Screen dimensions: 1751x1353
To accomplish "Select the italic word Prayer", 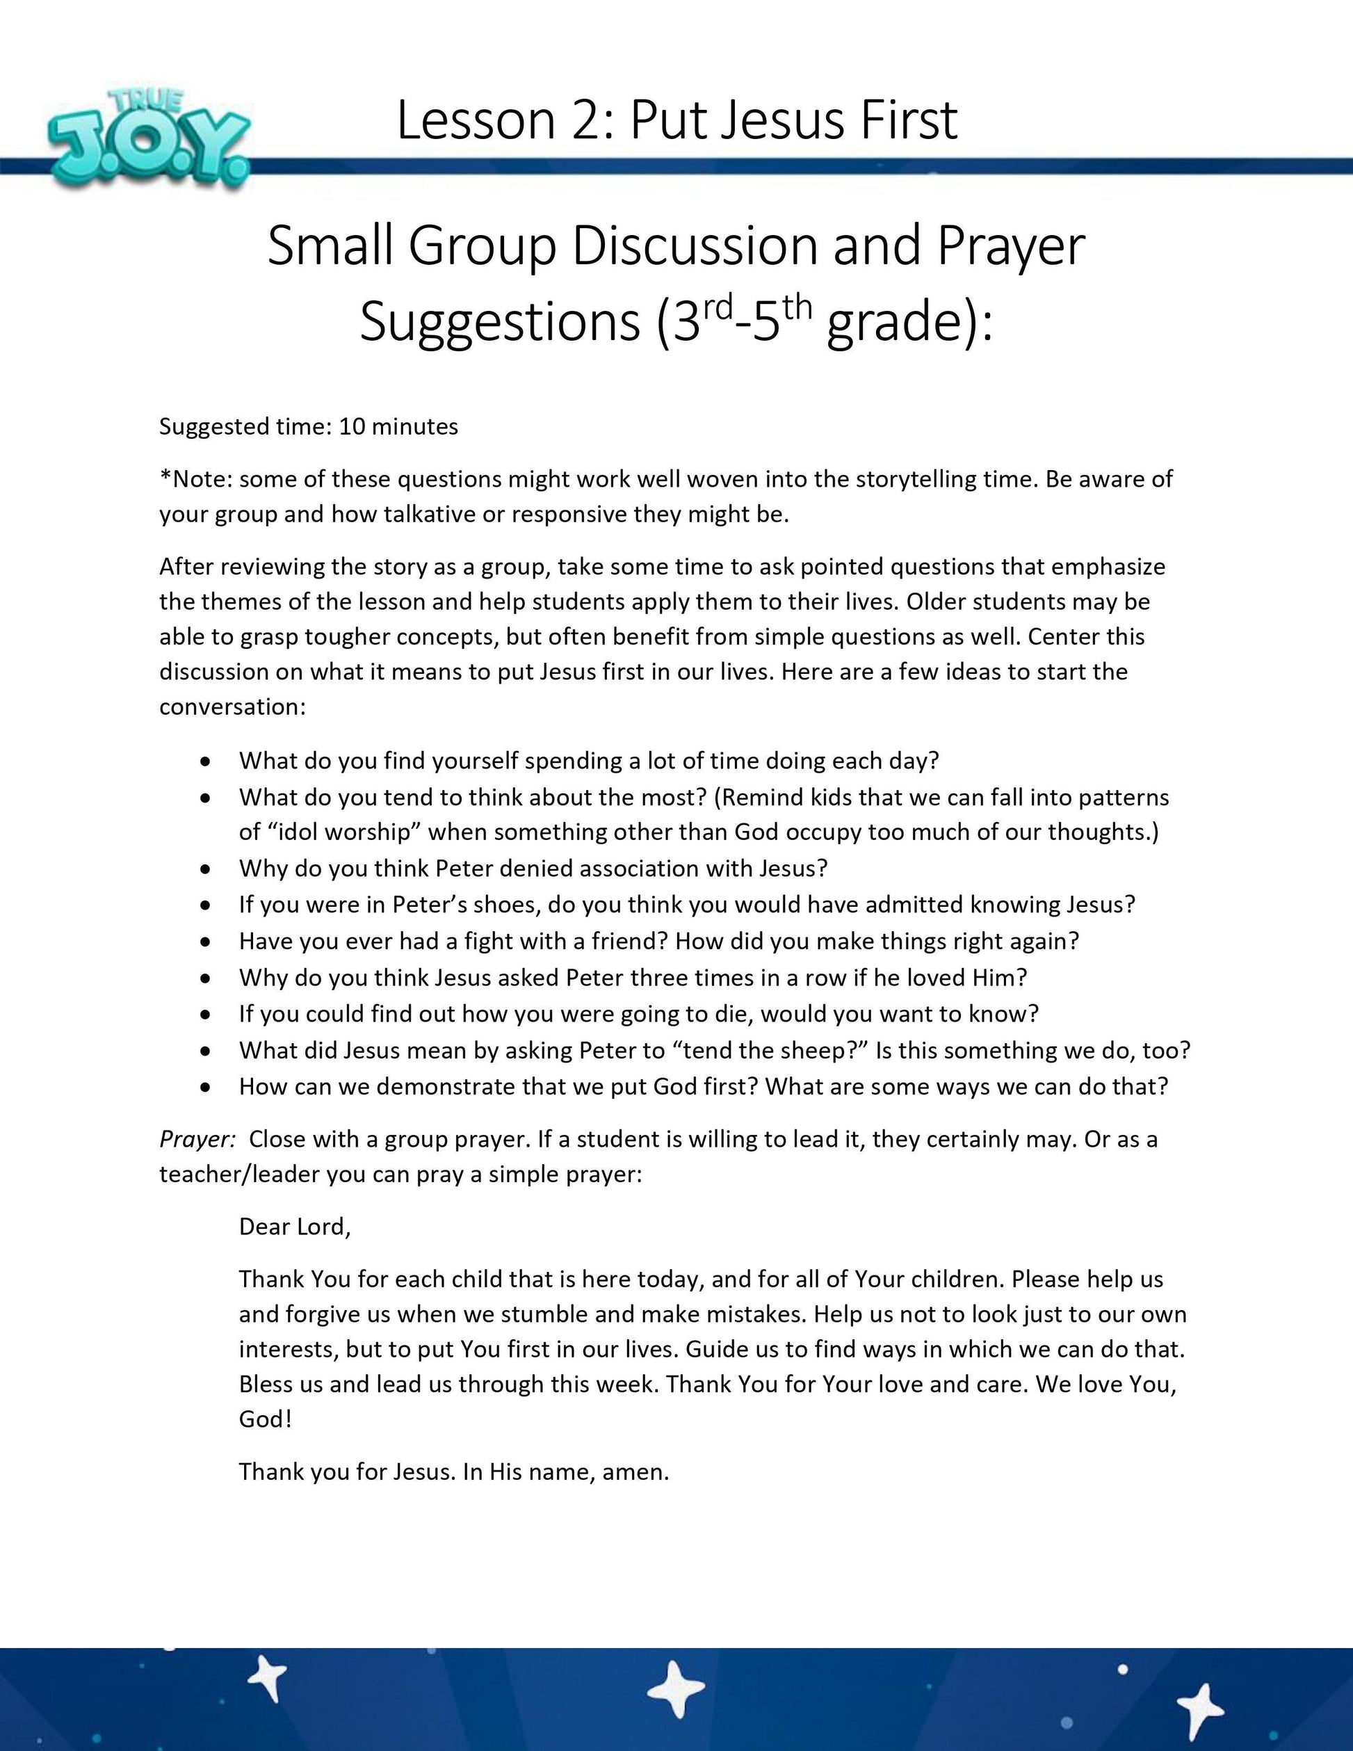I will tap(196, 1139).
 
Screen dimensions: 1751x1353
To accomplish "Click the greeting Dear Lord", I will tap(294, 1227).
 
